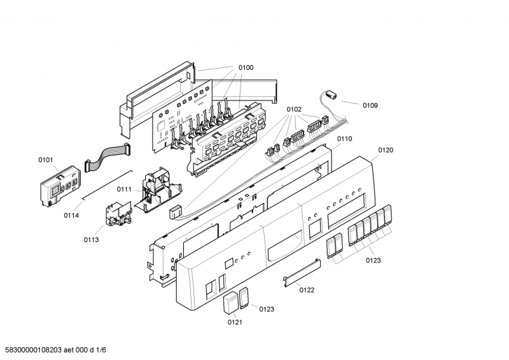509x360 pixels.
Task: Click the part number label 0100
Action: pyautogui.click(x=246, y=67)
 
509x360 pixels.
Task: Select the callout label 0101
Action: pyautogui.click(x=45, y=160)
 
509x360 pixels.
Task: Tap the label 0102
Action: pyautogui.click(x=294, y=109)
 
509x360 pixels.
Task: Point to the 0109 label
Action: pyautogui.click(x=370, y=105)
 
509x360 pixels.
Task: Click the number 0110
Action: pyautogui.click(x=344, y=139)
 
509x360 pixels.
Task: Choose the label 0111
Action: pyautogui.click(x=124, y=190)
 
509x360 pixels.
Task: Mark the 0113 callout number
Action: pyautogui.click(x=91, y=240)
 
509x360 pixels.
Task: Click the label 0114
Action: pyautogui.click(x=71, y=215)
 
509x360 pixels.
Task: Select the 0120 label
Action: pyautogui.click(x=386, y=150)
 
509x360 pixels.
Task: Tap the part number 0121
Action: pyautogui.click(x=235, y=322)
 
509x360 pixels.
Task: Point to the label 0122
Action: pyautogui.click(x=307, y=290)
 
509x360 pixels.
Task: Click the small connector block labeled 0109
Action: pyautogui.click(x=332, y=94)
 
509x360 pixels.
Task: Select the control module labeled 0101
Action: pyautogui.click(x=60, y=186)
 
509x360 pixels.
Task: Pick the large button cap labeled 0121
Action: pyautogui.click(x=231, y=303)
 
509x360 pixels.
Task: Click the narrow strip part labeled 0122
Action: pyautogui.click(x=302, y=273)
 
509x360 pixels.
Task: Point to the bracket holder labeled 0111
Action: pyautogui.click(x=158, y=190)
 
